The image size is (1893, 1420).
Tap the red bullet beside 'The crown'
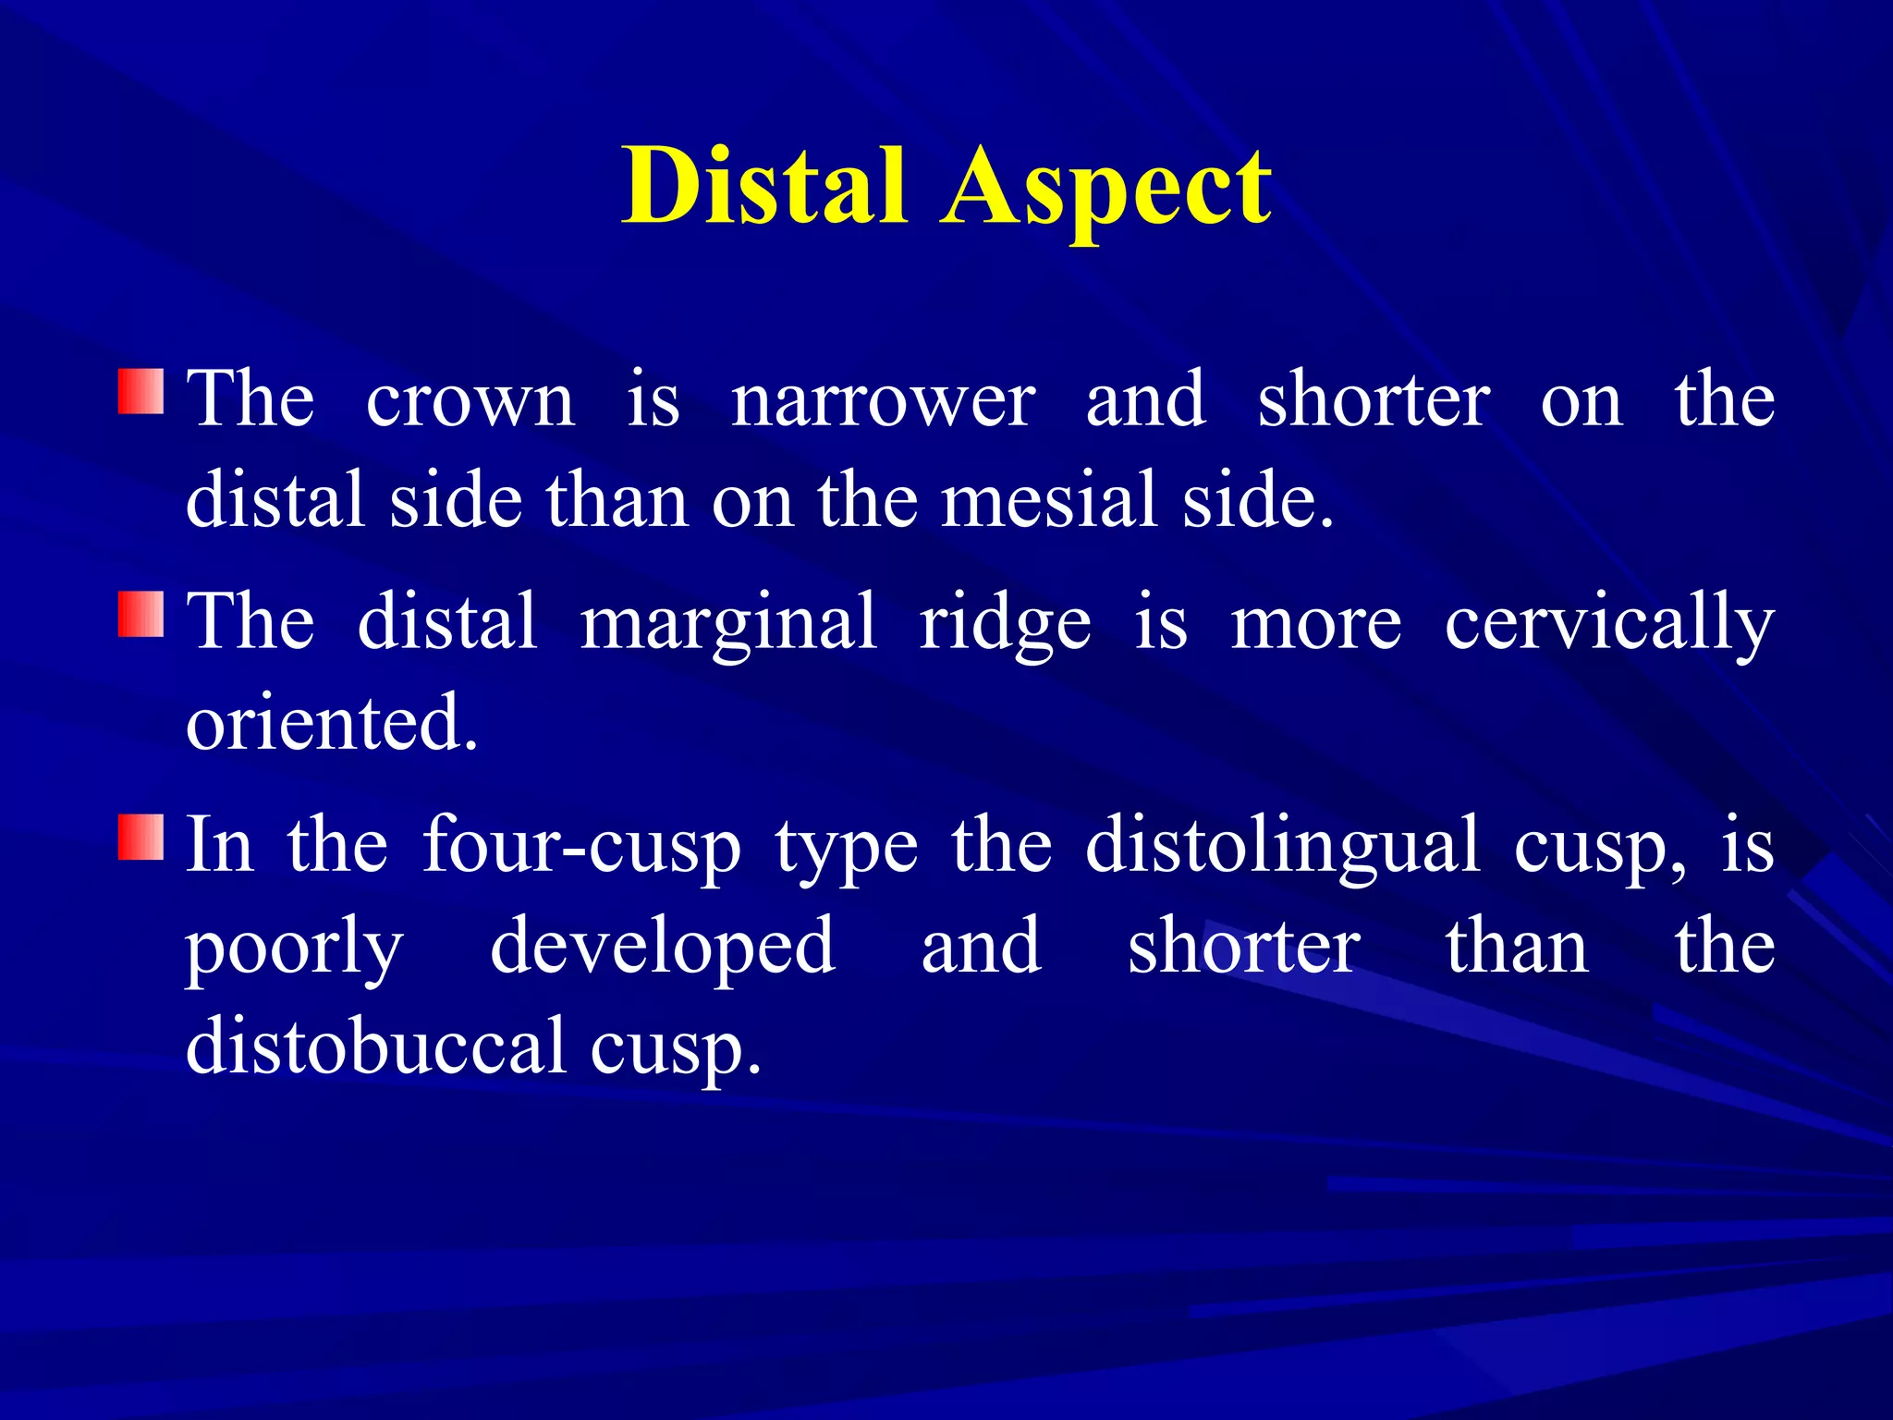pos(140,392)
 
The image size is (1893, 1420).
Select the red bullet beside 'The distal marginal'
pos(140,615)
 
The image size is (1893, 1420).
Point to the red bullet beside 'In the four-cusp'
pos(140,838)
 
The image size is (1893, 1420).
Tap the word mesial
pos(1049,500)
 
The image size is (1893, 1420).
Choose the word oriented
pos(331,723)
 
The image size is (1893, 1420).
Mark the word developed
pos(663,949)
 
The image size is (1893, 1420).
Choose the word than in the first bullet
pos(617,500)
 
